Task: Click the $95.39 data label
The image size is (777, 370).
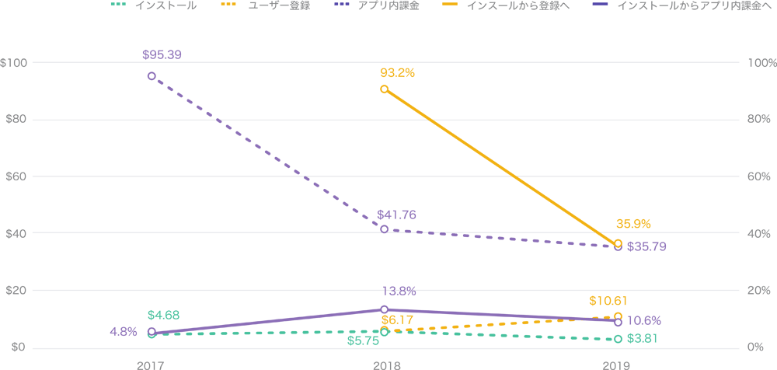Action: pyautogui.click(x=162, y=55)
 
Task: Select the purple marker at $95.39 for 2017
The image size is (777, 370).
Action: pyautogui.click(x=152, y=76)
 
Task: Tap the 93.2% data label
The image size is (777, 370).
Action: pyautogui.click(x=398, y=72)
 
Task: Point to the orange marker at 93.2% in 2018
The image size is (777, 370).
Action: pyautogui.click(x=385, y=89)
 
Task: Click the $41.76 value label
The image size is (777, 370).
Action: pyautogui.click(x=396, y=214)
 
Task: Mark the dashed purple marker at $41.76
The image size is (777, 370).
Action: pyautogui.click(x=385, y=229)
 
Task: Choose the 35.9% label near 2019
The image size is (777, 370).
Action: pyautogui.click(x=633, y=224)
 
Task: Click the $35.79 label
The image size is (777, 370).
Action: pyautogui.click(x=646, y=246)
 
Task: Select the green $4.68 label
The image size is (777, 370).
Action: pyautogui.click(x=163, y=315)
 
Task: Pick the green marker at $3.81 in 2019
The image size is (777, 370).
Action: pyautogui.click(x=618, y=340)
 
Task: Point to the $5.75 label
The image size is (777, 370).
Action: pyautogui.click(x=362, y=340)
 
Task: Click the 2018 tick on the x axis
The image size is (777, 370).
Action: pyautogui.click(x=385, y=364)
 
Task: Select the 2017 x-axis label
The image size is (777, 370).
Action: pyautogui.click(x=151, y=364)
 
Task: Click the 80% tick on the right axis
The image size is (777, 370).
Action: pyautogui.click(x=758, y=120)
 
